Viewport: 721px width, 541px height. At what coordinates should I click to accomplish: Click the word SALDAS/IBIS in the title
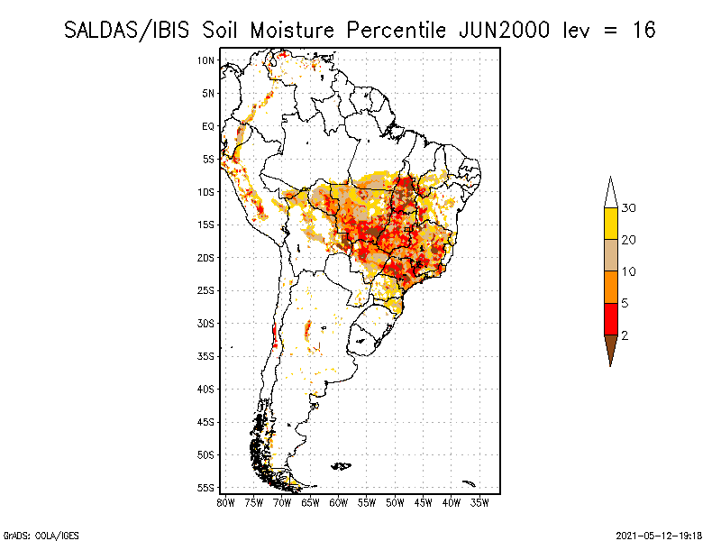point(126,31)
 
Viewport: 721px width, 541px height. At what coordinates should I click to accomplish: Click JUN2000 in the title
point(505,31)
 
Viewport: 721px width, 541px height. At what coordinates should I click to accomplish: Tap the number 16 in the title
point(643,31)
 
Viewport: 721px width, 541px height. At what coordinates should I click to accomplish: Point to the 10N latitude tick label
point(205,60)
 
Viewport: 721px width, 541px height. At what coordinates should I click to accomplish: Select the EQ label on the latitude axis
point(208,126)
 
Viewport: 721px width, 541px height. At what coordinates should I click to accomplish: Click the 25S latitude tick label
point(205,290)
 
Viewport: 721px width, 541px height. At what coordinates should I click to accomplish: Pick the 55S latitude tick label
point(205,488)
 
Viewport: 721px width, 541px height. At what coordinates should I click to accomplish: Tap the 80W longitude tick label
point(225,503)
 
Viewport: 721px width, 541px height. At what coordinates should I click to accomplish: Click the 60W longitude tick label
point(339,503)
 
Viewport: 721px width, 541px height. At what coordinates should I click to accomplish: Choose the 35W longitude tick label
point(479,503)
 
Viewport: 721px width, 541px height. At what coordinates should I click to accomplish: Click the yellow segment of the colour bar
point(611,224)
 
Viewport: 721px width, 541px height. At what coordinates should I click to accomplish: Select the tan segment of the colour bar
point(611,255)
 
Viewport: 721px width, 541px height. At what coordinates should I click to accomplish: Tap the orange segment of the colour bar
point(611,287)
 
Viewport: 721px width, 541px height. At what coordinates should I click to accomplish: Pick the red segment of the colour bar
point(611,319)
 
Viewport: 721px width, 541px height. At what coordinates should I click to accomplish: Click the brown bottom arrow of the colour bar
point(611,347)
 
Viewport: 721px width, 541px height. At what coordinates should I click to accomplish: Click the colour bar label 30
point(628,208)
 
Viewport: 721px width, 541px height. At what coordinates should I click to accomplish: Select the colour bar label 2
point(625,335)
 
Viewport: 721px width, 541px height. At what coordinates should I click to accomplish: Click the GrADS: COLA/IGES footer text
point(41,536)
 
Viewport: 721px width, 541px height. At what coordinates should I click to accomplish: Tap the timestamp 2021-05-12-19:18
point(659,536)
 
